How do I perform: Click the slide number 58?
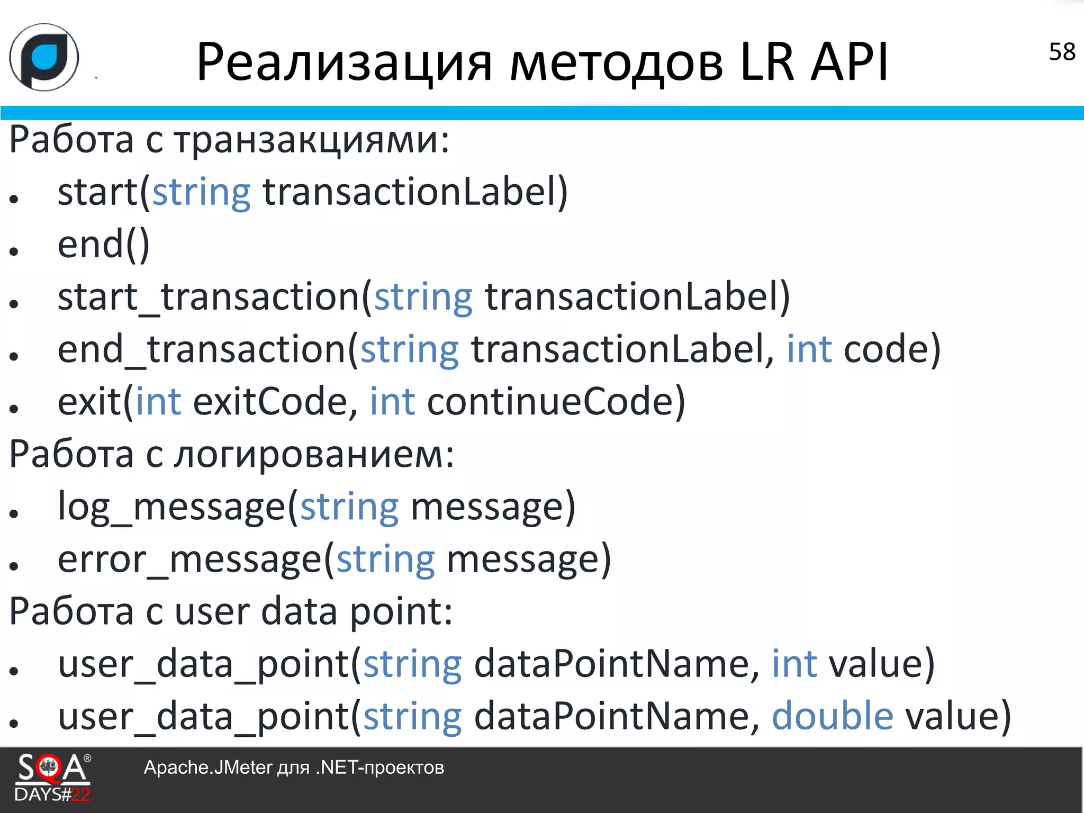[x=1062, y=52]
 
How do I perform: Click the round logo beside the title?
[x=44, y=57]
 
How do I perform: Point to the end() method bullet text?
[x=104, y=245]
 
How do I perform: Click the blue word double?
[x=833, y=716]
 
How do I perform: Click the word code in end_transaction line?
[x=886, y=349]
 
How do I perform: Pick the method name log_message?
[x=171, y=507]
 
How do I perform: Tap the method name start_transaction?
[x=209, y=297]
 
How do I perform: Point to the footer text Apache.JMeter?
[x=207, y=767]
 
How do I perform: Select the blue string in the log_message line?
[x=349, y=507]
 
